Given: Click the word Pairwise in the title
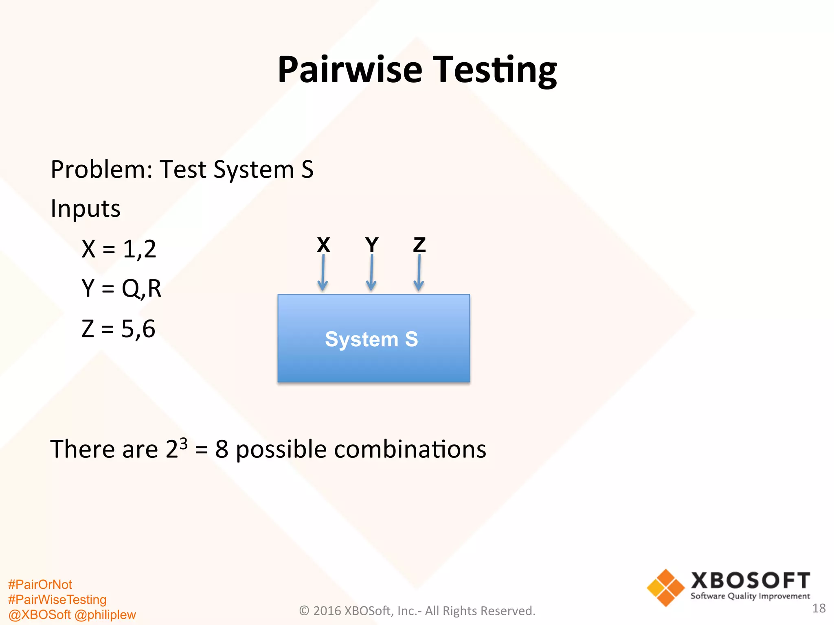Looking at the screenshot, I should point(350,70).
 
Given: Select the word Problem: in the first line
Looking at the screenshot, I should point(101,170).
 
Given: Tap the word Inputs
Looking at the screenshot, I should point(86,209).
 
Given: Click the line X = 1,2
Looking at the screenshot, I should point(119,249).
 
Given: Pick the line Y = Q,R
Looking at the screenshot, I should point(121,288).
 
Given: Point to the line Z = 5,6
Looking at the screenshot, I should point(119,328).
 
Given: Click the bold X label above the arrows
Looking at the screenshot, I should point(323,245).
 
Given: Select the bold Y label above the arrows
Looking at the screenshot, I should point(371,245).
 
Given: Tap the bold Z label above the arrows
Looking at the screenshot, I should point(419,245).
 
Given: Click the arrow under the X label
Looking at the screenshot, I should point(323,273).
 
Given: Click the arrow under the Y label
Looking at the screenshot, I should point(371,273).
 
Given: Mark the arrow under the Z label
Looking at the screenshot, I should point(419,273).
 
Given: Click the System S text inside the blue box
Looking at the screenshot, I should point(371,339).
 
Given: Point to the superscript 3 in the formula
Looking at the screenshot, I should point(184,443).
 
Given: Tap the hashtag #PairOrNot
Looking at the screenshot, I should point(40,584).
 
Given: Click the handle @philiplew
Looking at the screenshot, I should point(105,614).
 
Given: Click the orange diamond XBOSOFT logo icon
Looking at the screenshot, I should point(666,588).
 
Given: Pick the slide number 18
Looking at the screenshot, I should point(819,608).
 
